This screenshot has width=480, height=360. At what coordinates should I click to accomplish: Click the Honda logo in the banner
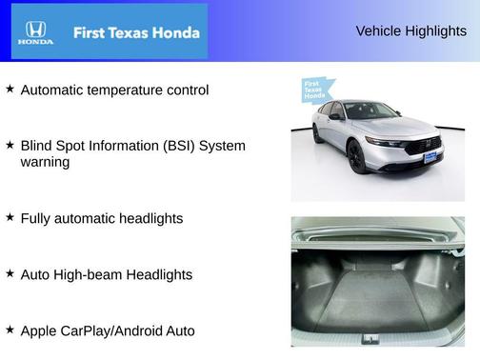tap(35, 31)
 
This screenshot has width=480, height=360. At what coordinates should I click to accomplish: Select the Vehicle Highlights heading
tap(410, 31)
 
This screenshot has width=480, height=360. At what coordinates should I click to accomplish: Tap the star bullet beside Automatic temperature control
tap(10, 89)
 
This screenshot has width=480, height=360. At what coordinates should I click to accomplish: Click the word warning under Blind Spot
tap(45, 163)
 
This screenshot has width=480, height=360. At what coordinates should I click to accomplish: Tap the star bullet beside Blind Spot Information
tap(10, 145)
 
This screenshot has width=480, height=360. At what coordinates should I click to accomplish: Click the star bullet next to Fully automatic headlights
tap(10, 217)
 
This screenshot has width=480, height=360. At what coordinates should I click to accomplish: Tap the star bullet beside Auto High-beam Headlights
tap(10, 273)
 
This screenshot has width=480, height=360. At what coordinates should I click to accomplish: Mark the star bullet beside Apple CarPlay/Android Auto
tap(10, 330)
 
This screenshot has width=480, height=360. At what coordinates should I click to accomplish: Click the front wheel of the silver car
tap(356, 157)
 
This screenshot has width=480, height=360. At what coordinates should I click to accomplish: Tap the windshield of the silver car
tap(370, 111)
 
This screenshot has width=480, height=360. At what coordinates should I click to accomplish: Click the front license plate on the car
tap(430, 156)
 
